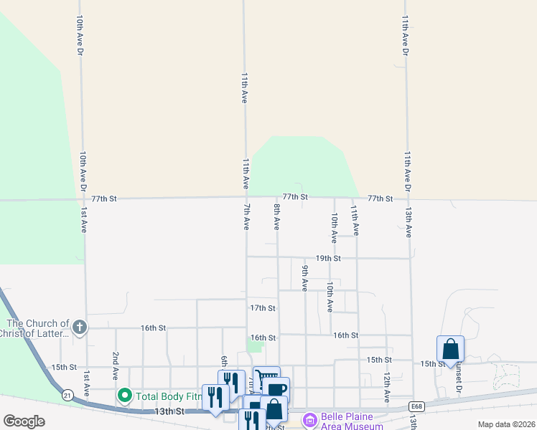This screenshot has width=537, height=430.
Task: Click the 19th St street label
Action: [x=327, y=258]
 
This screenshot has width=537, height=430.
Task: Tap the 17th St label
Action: [x=263, y=308]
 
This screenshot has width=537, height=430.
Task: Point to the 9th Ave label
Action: [x=305, y=277]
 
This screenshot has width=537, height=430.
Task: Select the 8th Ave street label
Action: [x=276, y=216]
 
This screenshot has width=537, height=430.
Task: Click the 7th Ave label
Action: [x=246, y=216]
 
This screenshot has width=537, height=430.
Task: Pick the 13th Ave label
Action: [x=408, y=223]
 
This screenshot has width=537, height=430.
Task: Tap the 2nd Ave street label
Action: [x=115, y=365]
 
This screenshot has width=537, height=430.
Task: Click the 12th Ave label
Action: [x=386, y=386]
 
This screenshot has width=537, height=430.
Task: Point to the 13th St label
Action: [x=170, y=412]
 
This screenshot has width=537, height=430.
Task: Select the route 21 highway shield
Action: [x=67, y=395]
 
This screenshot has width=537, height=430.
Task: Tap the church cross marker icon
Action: [x=79, y=328]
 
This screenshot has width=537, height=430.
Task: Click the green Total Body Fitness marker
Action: [x=124, y=395]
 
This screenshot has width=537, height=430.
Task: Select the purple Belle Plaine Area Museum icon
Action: [x=310, y=420]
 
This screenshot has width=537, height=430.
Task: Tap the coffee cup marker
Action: [x=276, y=388]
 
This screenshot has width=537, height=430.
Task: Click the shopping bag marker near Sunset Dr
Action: [x=450, y=349]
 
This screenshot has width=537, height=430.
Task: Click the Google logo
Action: [x=24, y=421]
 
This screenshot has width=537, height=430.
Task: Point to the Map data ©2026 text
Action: [x=505, y=424]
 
